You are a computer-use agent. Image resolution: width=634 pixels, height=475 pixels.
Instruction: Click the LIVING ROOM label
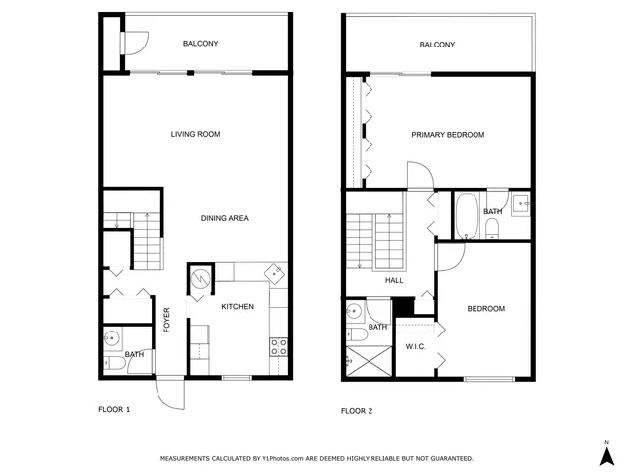(x=195, y=134)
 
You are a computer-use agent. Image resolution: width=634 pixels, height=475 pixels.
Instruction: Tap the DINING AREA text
(x=224, y=218)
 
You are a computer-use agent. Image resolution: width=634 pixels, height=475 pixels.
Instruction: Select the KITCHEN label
(x=237, y=307)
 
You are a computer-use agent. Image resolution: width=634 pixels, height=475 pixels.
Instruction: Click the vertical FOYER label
(x=167, y=320)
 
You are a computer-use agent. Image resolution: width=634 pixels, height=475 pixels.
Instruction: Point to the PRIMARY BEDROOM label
(x=448, y=134)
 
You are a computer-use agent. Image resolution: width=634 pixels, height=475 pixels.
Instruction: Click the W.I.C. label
(x=415, y=346)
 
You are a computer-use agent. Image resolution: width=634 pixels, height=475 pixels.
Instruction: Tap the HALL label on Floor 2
(x=394, y=280)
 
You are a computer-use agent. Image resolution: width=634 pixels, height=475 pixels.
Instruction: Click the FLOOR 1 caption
(x=114, y=409)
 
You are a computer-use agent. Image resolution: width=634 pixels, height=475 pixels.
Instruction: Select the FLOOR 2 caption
(x=357, y=409)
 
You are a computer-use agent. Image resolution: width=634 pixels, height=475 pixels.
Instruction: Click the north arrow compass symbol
(x=607, y=454)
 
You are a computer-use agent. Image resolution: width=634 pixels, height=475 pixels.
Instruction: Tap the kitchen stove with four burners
(x=279, y=346)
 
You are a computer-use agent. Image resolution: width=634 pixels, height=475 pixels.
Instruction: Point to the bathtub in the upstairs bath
(x=466, y=216)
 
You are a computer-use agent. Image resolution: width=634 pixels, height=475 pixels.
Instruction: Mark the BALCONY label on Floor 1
(x=200, y=44)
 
